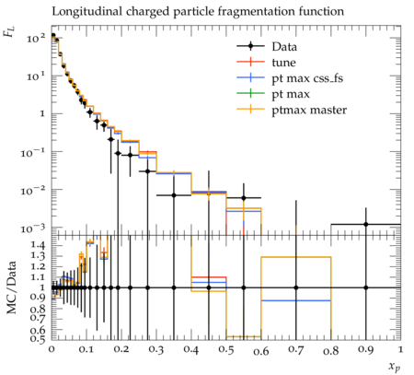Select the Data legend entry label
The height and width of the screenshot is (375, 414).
coord(284,47)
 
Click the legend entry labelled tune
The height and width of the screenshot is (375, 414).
coord(283,63)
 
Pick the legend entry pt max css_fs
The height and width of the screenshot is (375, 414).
coord(307,78)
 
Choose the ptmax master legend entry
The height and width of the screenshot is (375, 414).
coord(309,110)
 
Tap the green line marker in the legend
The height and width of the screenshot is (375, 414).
coord(250,93)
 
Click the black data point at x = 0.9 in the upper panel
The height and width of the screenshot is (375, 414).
coord(366,225)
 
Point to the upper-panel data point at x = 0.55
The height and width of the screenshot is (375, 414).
coord(244,198)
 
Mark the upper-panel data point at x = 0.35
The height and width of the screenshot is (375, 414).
coord(174,195)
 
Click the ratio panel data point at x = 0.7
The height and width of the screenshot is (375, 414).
coord(296,287)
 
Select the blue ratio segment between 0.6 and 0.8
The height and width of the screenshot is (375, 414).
coord(296,300)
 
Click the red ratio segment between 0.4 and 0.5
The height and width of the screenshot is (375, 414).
coord(209,277)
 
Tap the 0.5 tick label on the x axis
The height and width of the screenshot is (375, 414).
coord(226,349)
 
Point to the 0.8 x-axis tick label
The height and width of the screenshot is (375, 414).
coord(331,349)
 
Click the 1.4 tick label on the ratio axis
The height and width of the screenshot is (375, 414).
coord(38,245)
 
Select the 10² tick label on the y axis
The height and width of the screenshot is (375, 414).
coord(36,39)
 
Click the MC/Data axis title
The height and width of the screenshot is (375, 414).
coord(12,287)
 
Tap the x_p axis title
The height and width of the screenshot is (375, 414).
coord(395,367)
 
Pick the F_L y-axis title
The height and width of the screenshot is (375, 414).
coord(9,31)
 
